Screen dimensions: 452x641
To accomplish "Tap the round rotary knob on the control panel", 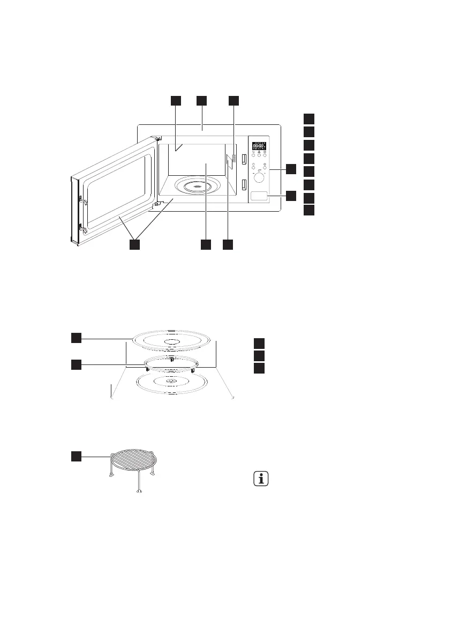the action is point(259,177).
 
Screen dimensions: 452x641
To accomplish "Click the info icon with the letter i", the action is point(261,479).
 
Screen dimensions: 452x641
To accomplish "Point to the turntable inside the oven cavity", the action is point(198,187).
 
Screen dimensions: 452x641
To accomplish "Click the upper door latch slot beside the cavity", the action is point(244,159).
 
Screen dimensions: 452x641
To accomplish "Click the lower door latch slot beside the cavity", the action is point(244,184).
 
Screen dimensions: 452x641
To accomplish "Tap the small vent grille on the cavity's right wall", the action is point(234,159).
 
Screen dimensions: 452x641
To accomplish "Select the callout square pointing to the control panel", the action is point(290,169).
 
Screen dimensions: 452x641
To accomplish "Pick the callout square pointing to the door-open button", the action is point(290,196).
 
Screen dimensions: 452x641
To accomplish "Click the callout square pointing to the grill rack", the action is point(77,456).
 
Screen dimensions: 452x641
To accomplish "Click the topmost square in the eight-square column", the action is point(309,118).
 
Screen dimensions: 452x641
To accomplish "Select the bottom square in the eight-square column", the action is point(309,210).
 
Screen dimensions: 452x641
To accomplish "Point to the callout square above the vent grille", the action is point(233,100).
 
